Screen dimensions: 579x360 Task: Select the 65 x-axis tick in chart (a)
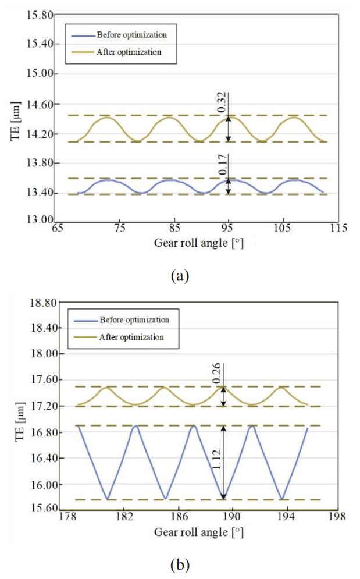click(x=58, y=229)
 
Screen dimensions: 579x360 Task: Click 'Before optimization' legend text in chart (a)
click(x=127, y=35)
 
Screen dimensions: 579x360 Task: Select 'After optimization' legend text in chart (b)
click(x=131, y=336)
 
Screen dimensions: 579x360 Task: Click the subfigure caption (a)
click(x=180, y=276)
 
